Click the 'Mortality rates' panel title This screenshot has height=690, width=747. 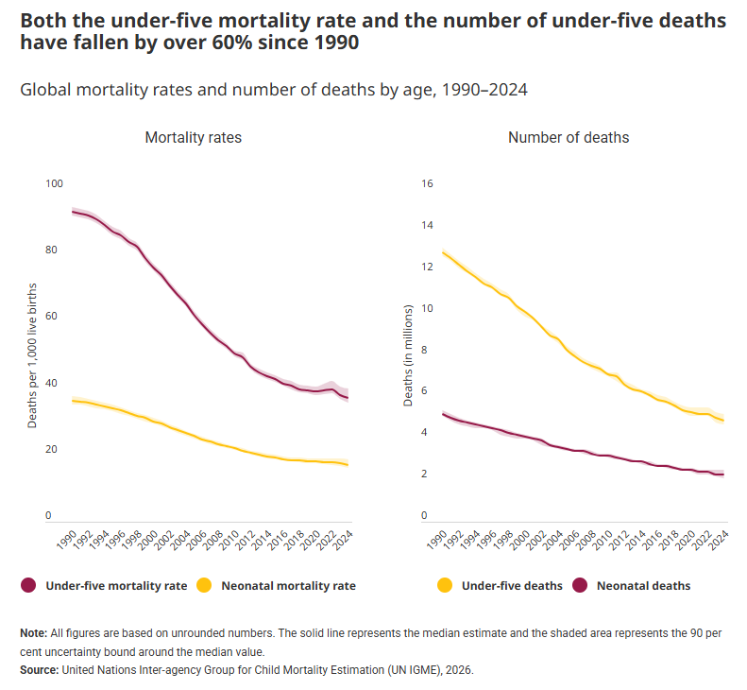193,138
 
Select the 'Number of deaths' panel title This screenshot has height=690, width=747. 569,138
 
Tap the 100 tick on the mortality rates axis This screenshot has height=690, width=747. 54,183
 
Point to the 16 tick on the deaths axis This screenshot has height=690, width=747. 426,183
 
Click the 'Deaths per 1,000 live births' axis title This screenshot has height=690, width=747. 32,354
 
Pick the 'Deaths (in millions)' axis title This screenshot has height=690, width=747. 409,355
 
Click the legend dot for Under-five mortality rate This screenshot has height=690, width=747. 28,586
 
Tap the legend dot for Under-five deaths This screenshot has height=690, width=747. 445,586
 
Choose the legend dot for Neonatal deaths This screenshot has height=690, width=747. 580,586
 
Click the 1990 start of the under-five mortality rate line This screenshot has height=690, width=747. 73,211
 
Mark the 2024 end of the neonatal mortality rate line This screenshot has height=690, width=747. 348,465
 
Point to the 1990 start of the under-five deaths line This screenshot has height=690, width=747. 442,251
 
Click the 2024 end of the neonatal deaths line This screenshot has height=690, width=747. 723,474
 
